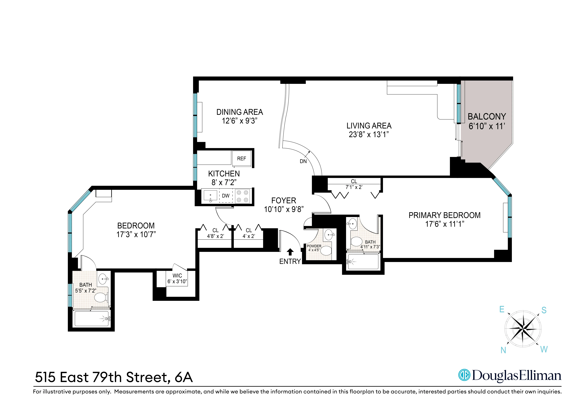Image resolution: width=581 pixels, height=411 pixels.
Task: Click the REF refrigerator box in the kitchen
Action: point(241,158)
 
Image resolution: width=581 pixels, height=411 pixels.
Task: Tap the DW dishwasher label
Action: point(225,196)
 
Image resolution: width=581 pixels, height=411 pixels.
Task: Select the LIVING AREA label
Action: point(369,126)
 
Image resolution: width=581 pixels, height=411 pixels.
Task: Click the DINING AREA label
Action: point(239,112)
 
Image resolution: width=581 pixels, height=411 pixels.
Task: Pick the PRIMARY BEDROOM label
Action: point(444,215)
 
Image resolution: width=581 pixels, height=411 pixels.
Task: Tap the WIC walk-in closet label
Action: point(177,276)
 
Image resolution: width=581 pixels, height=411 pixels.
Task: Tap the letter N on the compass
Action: point(503,350)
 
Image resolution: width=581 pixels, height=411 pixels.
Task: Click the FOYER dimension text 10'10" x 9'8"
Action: point(284,209)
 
